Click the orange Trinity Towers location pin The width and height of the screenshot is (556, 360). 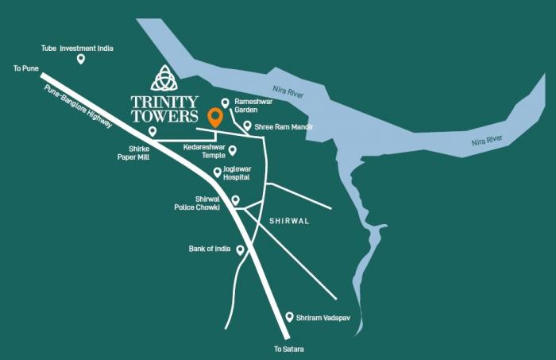tap(214, 118)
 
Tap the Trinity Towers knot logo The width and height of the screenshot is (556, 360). tap(164, 78)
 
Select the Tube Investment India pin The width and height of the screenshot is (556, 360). tap(80, 59)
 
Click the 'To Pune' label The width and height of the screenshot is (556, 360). tap(25, 69)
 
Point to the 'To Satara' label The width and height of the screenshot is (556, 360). tap(289, 350)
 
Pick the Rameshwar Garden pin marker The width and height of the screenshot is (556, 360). tap(226, 103)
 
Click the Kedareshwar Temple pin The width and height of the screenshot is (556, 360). tap(233, 149)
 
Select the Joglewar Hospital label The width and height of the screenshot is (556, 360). tap(237, 173)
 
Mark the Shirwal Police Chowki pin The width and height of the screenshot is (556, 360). tap(235, 199)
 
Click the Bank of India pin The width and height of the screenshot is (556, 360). tap(240, 250)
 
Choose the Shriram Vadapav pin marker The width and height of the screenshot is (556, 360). tap(289, 315)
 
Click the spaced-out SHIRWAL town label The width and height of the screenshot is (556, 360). tap(291, 222)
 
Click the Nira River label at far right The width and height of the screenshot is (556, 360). tap(487, 141)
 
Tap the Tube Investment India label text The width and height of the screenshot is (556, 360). tap(77, 48)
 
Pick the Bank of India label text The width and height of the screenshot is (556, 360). tap(209, 249)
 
